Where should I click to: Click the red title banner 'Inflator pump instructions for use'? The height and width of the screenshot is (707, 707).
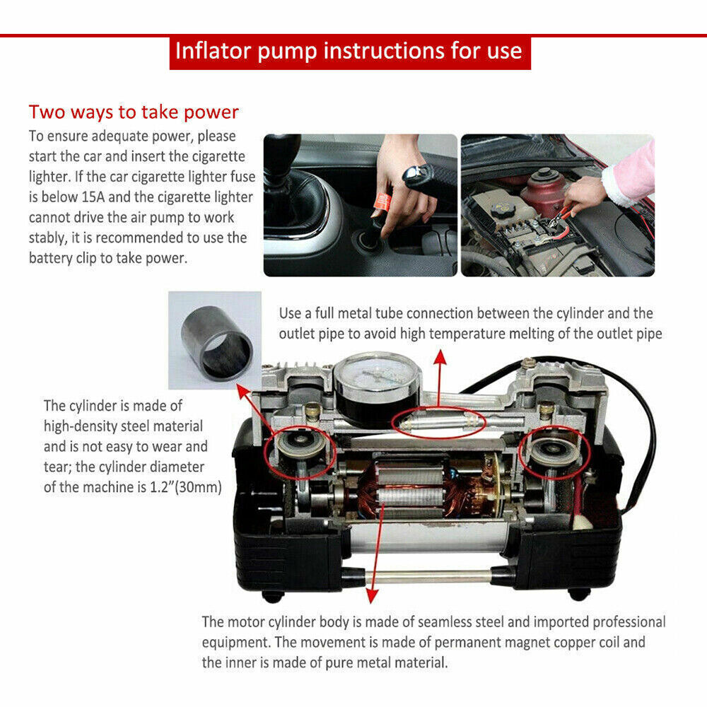[349, 52]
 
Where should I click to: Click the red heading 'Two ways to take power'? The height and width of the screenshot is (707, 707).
[134, 112]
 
